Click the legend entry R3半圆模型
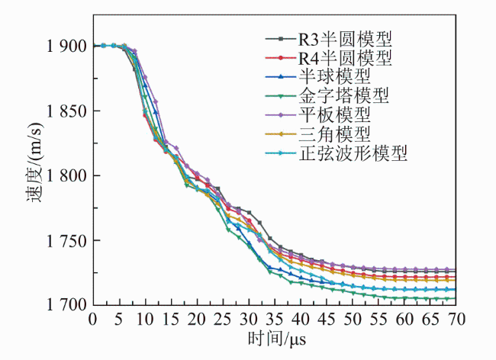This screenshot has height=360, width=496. click(x=345, y=39)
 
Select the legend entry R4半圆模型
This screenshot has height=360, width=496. click(x=345, y=58)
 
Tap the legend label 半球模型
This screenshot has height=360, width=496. click(x=334, y=76)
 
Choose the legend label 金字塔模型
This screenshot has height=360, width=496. click(x=343, y=95)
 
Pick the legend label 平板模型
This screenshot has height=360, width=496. click(x=334, y=114)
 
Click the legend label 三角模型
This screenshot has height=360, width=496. click(x=334, y=133)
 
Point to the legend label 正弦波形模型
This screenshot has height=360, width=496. click(x=353, y=153)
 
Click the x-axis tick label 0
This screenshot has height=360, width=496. click(x=92, y=320)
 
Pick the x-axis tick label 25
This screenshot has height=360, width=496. click(x=222, y=320)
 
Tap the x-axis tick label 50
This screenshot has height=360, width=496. click(x=352, y=320)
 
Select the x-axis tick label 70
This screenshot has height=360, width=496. click(x=456, y=320)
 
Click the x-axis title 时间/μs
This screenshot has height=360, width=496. click(x=277, y=339)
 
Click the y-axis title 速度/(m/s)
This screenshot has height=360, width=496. click(x=34, y=162)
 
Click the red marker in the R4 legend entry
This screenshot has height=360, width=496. click(x=281, y=58)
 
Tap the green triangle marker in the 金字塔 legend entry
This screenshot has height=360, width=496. click(x=281, y=96)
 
